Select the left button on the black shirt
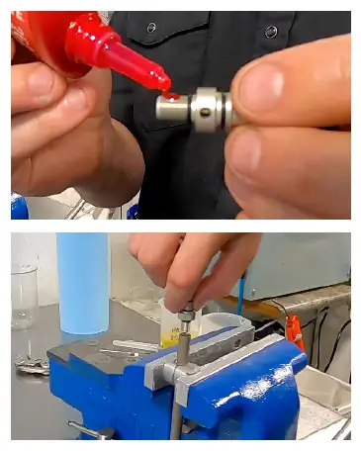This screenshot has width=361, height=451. pyautogui.click(x=151, y=27)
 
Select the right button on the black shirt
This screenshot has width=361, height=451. pyautogui.click(x=270, y=32)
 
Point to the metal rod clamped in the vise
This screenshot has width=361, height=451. pyautogui.click(x=175, y=396)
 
